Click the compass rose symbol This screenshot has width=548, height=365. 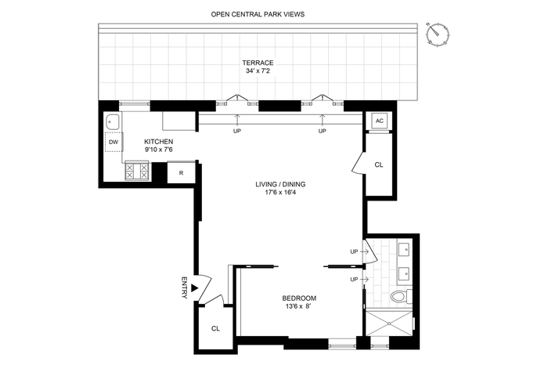coord(438,34)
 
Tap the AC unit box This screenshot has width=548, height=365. coord(380,121)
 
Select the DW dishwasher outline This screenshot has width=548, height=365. coord(114,142)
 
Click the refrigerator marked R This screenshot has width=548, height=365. coord(181,173)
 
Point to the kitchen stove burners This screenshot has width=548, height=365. coord(137,171)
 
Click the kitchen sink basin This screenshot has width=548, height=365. coord(113,122)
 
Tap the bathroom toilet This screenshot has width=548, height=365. coord(402,297)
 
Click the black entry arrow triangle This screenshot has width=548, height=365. coord(195,288)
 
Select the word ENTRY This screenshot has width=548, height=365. coord(185,287)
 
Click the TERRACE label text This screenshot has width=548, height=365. coord(258,63)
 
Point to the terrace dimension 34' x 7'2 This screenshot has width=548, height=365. coord(258,70)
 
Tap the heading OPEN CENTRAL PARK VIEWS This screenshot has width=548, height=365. coord(258,14)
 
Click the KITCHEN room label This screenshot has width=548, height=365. coord(159,142)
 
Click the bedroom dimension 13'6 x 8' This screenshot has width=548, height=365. coord(298,306)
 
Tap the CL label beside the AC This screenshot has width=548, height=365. coord(379,164)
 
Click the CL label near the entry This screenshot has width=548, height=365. coord(215,329)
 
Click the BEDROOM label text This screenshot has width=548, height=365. coord(299,298)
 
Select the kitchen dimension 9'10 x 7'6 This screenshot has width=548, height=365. coord(159,150)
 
